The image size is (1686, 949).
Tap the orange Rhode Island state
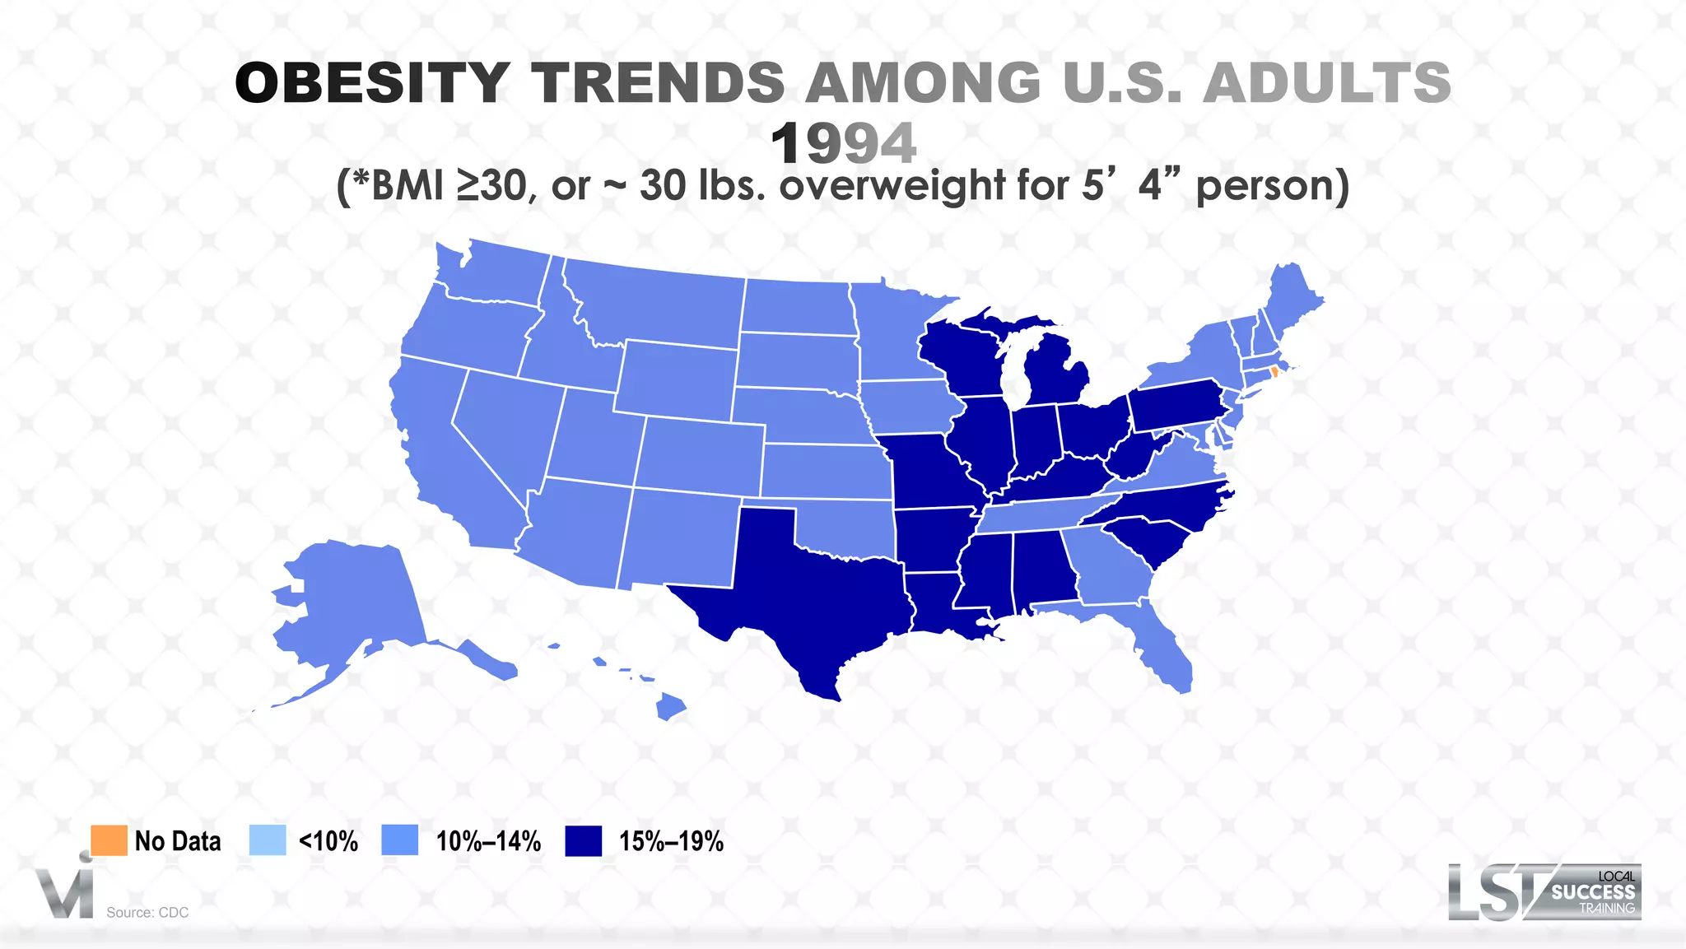coord(1274,372)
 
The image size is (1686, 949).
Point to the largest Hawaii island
coord(671,706)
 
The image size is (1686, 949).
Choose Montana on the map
coord(659,305)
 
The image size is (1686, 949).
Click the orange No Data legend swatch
coord(109,840)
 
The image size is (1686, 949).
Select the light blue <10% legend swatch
coord(268,840)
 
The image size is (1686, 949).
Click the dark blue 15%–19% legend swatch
coord(584,840)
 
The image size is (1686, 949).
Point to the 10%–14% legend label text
coord(488,841)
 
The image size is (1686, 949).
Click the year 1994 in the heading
coord(843,144)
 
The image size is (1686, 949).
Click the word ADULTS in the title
coord(1327,83)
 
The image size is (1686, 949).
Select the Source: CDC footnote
coord(147,912)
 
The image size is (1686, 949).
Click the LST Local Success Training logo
coord(1544,892)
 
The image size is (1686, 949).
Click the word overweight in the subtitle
coord(892,185)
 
